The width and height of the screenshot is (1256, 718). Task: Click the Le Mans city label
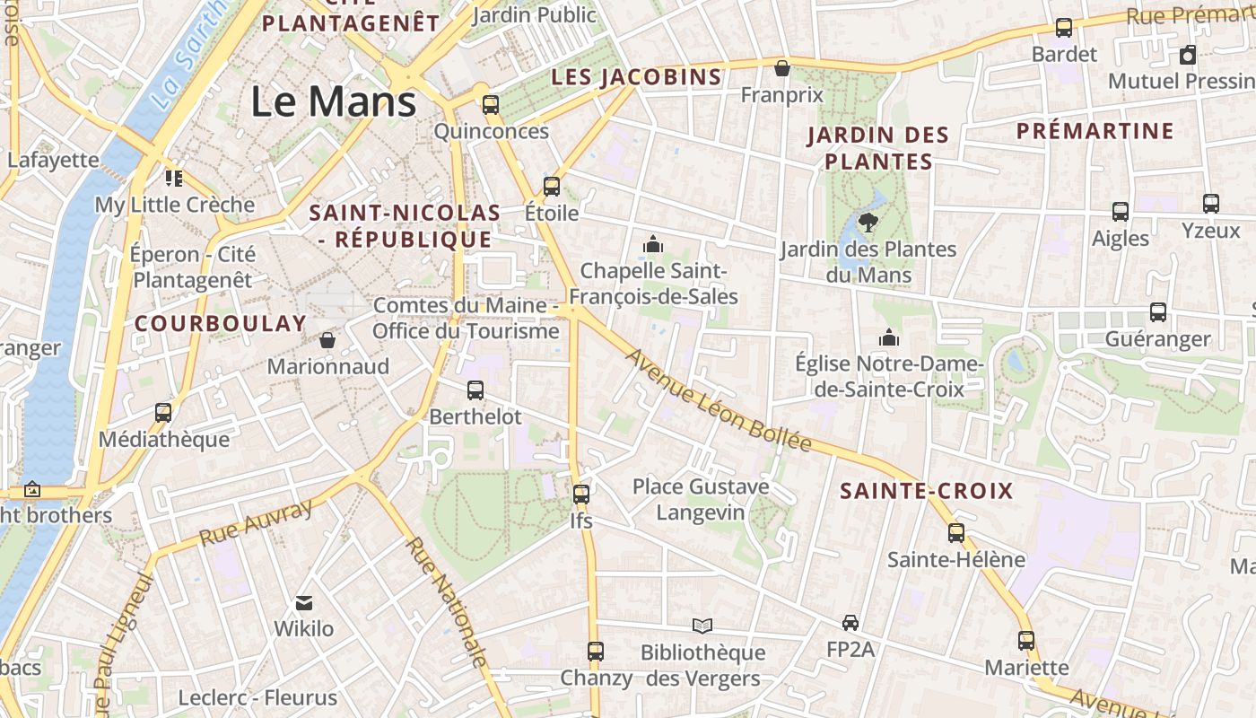(x=333, y=101)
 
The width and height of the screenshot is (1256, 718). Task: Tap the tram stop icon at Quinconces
(x=491, y=104)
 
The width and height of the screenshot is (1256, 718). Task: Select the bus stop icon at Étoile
(x=552, y=187)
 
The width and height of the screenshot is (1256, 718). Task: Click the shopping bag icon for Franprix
(x=782, y=68)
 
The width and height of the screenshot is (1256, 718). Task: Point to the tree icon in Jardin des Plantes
(x=868, y=222)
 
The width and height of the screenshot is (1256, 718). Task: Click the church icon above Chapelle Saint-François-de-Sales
(x=653, y=243)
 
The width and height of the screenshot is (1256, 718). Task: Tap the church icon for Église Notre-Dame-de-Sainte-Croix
(x=889, y=337)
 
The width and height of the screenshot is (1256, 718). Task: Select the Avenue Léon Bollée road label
(x=718, y=400)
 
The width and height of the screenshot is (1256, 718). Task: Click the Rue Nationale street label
(x=446, y=602)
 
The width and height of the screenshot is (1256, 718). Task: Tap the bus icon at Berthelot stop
(x=475, y=390)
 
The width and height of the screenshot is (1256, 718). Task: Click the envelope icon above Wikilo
(x=304, y=602)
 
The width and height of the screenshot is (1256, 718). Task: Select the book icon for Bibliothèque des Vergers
(x=702, y=626)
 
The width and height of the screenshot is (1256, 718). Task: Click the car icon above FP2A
(x=850, y=622)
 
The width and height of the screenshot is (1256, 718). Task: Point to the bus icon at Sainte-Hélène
(x=956, y=533)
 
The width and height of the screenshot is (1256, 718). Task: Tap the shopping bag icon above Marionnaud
(x=327, y=340)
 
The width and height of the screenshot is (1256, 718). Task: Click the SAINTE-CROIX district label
(x=926, y=491)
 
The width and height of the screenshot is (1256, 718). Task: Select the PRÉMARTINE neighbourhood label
(x=1095, y=131)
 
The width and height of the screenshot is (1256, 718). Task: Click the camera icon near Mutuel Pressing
(x=1188, y=55)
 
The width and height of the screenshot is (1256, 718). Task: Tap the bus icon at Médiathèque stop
(x=163, y=413)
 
